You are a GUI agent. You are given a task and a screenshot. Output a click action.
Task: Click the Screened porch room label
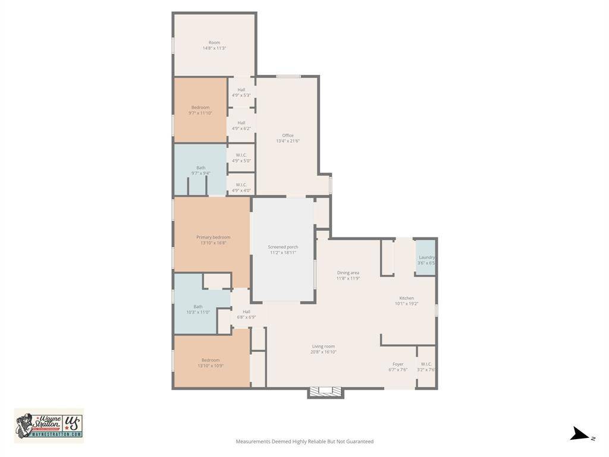click(283, 247)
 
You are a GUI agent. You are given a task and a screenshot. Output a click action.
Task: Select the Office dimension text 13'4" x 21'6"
click(288, 141)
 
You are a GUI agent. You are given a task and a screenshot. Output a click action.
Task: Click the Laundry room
click(426, 258)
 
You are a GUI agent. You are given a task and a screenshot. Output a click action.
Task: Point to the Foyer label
click(398, 364)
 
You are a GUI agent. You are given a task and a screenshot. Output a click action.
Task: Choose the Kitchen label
click(407, 298)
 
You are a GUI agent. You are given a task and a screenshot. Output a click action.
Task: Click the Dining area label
click(348, 273)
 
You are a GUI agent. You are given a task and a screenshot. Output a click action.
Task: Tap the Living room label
click(324, 346)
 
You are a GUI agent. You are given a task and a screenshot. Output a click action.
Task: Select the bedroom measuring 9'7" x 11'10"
click(200, 110)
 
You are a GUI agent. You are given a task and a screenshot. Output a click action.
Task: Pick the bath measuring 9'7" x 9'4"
click(200, 170)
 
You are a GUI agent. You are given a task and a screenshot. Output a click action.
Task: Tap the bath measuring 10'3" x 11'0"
click(198, 309)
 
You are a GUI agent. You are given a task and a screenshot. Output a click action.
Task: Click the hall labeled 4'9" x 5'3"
click(241, 92)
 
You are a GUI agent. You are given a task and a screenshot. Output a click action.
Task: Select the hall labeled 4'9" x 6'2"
click(241, 125)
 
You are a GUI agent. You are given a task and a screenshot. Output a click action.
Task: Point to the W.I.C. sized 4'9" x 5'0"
click(241, 158)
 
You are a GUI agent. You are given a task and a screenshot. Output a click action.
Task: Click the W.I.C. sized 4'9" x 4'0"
click(241, 187)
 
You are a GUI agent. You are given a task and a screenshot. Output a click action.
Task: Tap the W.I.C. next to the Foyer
click(426, 367)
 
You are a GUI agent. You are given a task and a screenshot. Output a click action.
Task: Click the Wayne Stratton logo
click(49, 425)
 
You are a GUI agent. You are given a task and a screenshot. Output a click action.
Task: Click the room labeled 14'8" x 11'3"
click(214, 45)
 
